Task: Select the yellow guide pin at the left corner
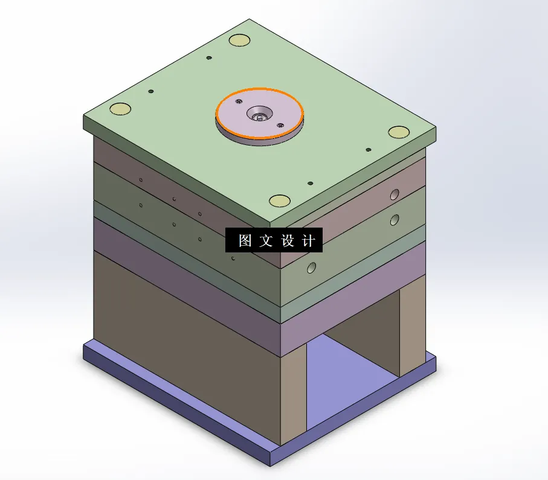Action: [120, 109]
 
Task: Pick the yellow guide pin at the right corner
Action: [399, 132]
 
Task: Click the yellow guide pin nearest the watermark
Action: [279, 200]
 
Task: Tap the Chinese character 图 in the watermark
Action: [245, 240]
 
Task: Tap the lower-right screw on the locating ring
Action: [280, 125]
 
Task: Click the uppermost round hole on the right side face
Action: [395, 194]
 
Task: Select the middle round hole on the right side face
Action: [395, 219]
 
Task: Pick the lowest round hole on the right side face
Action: [312, 267]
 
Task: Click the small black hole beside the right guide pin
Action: [368, 149]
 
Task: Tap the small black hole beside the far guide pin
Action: [208, 58]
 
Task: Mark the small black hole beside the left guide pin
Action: [150, 92]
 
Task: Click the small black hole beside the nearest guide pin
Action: [309, 183]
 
